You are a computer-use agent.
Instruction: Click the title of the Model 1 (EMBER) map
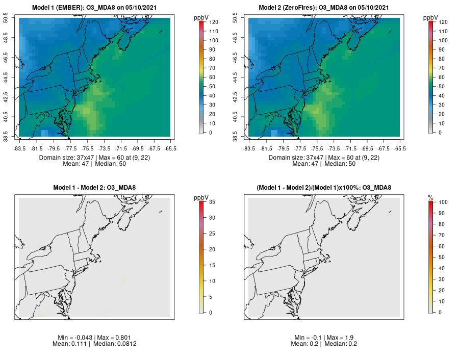[x=96, y=8]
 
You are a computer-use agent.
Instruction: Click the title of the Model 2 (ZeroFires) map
[x=325, y=8]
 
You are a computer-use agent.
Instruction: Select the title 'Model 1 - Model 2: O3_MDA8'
[x=96, y=188]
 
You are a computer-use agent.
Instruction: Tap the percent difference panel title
[x=325, y=188]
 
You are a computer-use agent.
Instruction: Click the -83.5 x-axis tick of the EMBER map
[x=20, y=148]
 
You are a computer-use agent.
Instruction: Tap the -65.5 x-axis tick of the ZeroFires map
[x=400, y=148]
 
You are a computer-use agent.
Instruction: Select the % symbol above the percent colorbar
[x=430, y=197]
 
